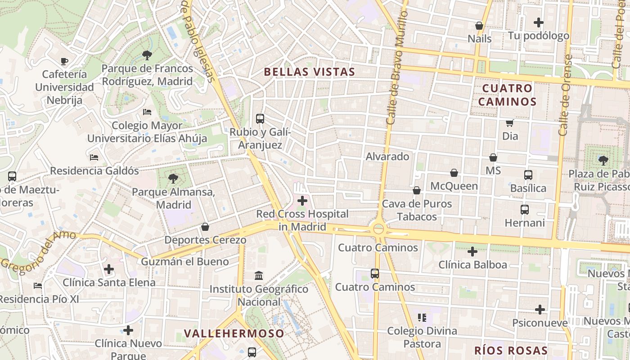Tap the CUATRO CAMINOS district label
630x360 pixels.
pyautogui.click(x=507, y=94)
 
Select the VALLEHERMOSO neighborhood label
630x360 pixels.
pyautogui.click(x=234, y=333)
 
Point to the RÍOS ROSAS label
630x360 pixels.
pyautogui.click(x=511, y=351)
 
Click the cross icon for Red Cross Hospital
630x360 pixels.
pyautogui.click(x=302, y=201)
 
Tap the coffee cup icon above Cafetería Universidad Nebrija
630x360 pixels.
pyautogui.click(x=64, y=61)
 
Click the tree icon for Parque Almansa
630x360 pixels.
pyautogui.click(x=173, y=179)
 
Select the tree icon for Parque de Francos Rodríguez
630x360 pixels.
pyautogui.click(x=147, y=55)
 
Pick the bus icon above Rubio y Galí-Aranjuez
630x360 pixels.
pyautogui.click(x=260, y=119)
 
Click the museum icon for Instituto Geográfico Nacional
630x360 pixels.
pyautogui.click(x=259, y=275)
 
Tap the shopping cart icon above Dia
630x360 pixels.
pyautogui.click(x=510, y=123)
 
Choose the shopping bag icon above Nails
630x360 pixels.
pyautogui.click(x=479, y=26)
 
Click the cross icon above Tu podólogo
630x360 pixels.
pyautogui.click(x=538, y=22)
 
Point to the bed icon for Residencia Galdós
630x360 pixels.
pyautogui.click(x=94, y=157)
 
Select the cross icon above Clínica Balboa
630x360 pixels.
pyautogui.click(x=472, y=252)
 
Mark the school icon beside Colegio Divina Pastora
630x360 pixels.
pyautogui.click(x=422, y=318)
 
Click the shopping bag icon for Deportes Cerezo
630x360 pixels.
pyautogui.click(x=205, y=226)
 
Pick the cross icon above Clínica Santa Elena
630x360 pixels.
pyautogui.click(x=108, y=270)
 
